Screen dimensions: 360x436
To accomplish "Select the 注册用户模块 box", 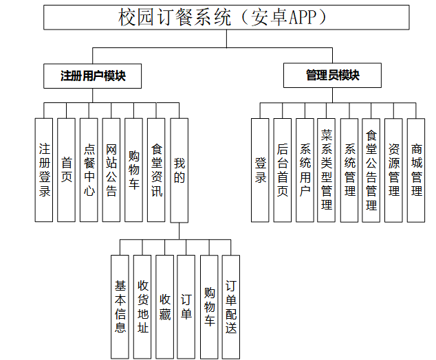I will (93, 76).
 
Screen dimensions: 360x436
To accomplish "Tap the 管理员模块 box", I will (332, 76).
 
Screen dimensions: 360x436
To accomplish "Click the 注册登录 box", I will (44, 170).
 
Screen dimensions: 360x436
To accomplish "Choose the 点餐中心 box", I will (89, 170).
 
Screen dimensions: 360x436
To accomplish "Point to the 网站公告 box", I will (111, 170).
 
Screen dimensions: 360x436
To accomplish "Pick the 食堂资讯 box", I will (156, 170).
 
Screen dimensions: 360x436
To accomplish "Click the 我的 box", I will (179, 170).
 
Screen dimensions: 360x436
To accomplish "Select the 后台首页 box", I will (282, 170).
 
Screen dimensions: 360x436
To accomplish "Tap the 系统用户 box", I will (305, 170).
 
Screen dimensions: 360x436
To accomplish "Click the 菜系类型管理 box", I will (327, 170).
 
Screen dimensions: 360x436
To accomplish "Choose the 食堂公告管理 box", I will (371, 170).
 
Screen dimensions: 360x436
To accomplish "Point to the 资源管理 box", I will (393, 170).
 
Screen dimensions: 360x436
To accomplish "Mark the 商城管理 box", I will (416, 170).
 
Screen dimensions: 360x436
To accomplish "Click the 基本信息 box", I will (120, 306).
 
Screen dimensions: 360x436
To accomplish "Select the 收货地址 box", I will (142, 306).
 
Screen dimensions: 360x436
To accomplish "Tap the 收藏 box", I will (164, 306).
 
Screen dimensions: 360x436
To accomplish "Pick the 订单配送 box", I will (231, 306).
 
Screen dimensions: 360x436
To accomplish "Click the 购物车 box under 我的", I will (209, 306).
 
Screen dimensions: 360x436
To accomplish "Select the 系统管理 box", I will (349, 170).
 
